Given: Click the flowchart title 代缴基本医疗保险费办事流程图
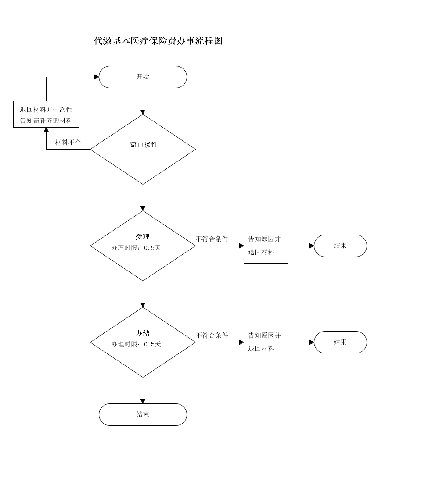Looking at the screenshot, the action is (158, 41).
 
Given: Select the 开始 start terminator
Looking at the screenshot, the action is (143, 77).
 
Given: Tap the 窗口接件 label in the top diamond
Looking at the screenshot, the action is (144, 145).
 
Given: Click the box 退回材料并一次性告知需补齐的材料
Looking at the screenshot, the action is (47, 114).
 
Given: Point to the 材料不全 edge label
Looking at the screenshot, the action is (68, 143).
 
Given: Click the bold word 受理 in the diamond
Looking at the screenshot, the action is (143, 237).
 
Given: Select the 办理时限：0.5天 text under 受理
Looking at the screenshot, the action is (136, 248).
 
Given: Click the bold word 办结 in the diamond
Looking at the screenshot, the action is (143, 333).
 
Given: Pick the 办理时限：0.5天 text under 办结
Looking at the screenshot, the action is (136, 344).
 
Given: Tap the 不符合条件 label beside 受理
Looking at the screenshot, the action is (212, 239).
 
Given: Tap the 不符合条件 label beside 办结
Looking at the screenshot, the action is (212, 335).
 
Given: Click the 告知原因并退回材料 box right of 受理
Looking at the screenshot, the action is (266, 246).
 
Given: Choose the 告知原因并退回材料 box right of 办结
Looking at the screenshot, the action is (266, 342).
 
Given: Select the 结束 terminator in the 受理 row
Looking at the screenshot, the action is (341, 246).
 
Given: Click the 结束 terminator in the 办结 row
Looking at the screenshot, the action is (341, 342).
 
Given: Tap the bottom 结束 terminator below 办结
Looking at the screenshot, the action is (143, 414).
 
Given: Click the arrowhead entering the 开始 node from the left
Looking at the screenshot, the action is (97, 77).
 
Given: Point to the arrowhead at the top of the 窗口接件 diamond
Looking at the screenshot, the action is (143, 112).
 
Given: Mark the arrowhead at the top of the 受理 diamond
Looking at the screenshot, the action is (143, 208).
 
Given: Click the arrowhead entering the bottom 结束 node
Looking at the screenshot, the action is (143, 401).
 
